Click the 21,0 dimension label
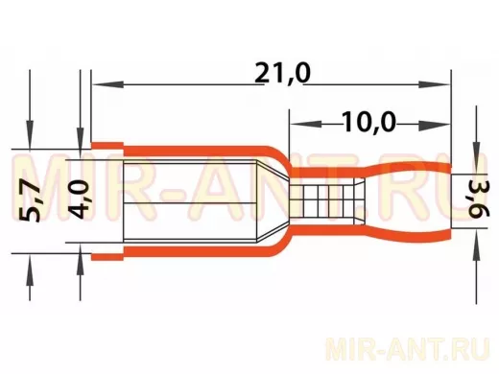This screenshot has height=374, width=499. click(283, 73)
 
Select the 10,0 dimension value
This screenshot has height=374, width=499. click(368, 122)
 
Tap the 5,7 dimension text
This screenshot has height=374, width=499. click(30, 201)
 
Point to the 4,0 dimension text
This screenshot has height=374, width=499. click(78, 199)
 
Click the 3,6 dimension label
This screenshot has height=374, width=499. click(479, 199)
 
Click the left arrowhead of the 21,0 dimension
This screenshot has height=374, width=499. click(107, 84)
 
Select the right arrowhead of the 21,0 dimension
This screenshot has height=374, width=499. click(435, 84)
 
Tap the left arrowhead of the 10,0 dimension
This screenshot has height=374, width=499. click(305, 124)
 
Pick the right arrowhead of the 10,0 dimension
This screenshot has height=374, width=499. click(435, 124)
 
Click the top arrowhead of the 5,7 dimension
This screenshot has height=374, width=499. click(30, 134)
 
